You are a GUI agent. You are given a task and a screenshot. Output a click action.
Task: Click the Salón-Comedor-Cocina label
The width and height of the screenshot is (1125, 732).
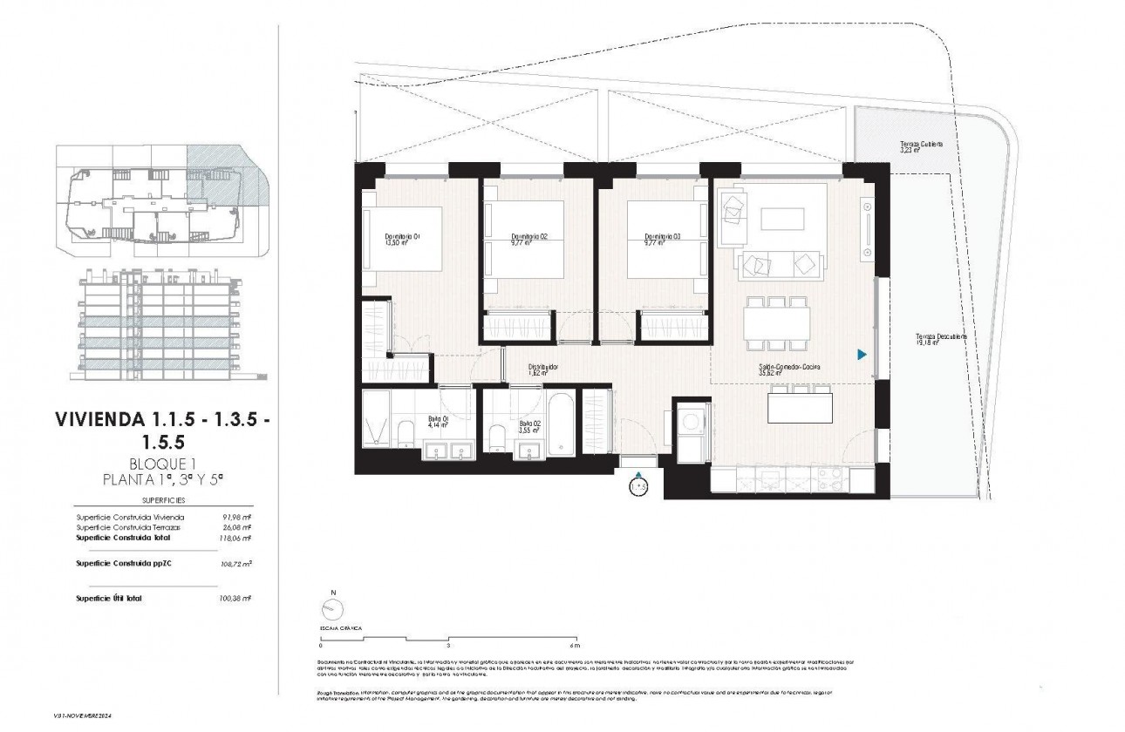[789, 367]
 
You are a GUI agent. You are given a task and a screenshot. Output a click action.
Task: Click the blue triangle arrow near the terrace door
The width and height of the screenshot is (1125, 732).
[861, 355]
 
